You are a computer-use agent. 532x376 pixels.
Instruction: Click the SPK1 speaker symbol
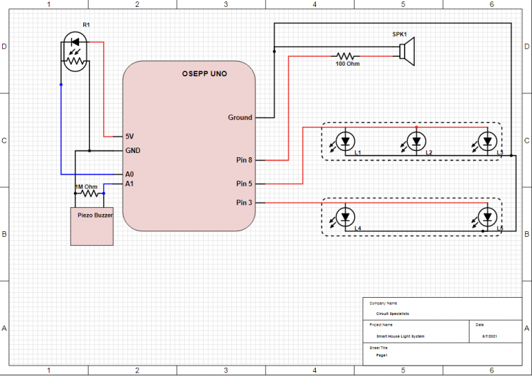pos(406,53)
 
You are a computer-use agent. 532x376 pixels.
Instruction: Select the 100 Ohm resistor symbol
pos(346,56)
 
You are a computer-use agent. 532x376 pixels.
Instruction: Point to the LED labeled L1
pos(345,142)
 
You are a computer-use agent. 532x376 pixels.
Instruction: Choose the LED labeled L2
pos(416,142)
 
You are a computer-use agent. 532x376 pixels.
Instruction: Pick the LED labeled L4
pos(345,217)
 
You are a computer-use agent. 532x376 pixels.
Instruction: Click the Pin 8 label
pos(244,161)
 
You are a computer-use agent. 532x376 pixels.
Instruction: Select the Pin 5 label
pos(244,184)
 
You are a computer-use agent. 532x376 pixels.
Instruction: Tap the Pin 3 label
pos(244,203)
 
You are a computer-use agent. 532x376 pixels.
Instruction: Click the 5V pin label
pos(130,136)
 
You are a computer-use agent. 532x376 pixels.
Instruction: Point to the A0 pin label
pos(130,174)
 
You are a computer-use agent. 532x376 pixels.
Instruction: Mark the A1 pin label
pos(130,184)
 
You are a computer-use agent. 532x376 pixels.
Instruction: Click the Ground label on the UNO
pos(240,118)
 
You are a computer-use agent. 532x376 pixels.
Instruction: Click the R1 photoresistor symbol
pos(74,54)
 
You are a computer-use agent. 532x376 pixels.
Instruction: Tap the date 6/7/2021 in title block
pos(490,337)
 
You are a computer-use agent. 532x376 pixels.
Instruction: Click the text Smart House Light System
pos(396,337)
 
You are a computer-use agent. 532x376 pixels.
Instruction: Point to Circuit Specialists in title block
pos(393,314)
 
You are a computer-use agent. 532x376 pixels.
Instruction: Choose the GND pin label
pos(133,150)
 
